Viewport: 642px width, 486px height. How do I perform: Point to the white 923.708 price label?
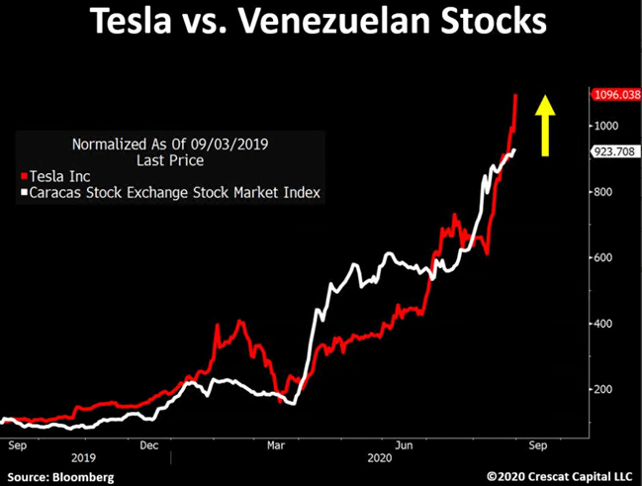pos(614,152)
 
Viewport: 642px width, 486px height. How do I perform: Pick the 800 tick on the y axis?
pos(604,192)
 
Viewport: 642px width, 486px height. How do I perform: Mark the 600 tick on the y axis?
pos(604,257)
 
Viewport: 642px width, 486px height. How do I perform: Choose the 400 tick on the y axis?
pos(604,324)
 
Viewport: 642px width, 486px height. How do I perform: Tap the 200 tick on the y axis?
pos(604,389)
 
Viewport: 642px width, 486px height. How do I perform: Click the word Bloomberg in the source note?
pos(85,477)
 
